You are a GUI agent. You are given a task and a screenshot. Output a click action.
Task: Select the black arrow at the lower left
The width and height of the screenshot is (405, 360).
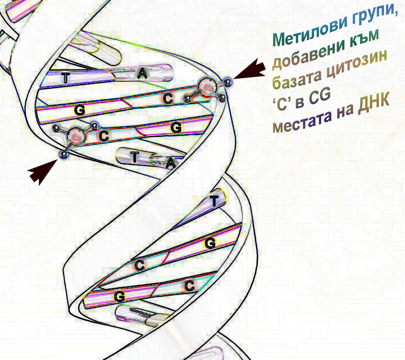click(x=43, y=172)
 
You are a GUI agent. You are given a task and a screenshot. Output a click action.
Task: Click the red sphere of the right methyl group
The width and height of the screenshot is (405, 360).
click(x=208, y=88)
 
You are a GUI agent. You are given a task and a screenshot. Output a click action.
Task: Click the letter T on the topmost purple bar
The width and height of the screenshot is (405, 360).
click(x=66, y=77)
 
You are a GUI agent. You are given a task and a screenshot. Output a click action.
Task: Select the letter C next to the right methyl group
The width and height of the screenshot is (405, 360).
click(x=168, y=99)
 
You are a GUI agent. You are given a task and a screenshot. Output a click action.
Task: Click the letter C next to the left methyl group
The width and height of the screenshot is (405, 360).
click(x=104, y=136)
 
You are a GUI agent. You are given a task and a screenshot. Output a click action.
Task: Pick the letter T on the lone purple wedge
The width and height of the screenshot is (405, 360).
click(x=214, y=200)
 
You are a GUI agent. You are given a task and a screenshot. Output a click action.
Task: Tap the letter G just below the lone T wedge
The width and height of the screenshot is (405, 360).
click(x=210, y=243)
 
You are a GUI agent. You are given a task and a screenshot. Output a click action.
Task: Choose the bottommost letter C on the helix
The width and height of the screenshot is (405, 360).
click(x=189, y=286)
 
